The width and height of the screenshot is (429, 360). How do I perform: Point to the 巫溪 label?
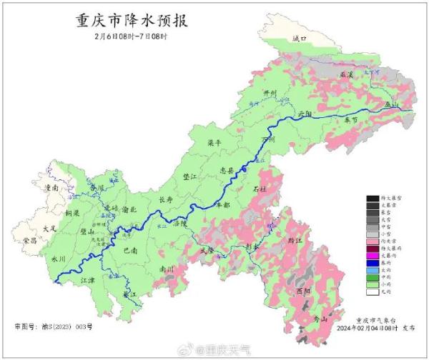pos(347,74)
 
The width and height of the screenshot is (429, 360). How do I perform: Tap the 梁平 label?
pos(214,144)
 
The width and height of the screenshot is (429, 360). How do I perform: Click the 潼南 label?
pos(51,187)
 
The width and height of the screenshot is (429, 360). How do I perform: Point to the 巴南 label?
pos(130,251)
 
